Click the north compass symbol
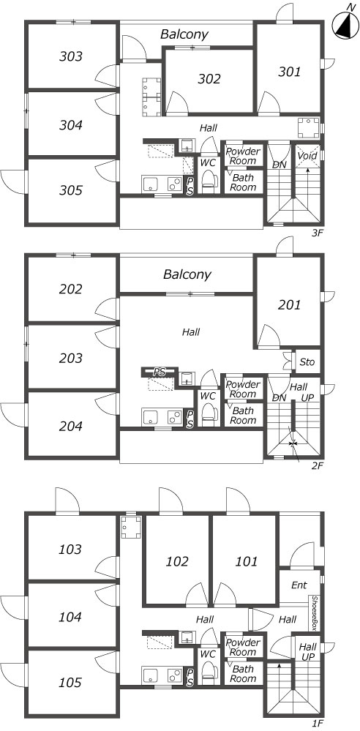click(x=345, y=25)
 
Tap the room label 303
click(x=71, y=57)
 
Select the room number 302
click(x=209, y=79)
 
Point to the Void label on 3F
click(x=308, y=155)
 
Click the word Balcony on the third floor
click(x=184, y=34)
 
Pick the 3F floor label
click(x=317, y=233)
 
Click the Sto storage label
click(x=307, y=362)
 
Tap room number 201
click(x=290, y=305)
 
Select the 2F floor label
click(x=317, y=465)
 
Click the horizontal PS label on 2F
click(x=160, y=372)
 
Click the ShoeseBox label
click(x=315, y=613)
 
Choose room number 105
click(x=70, y=683)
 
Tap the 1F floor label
click(x=317, y=724)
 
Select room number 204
click(x=71, y=427)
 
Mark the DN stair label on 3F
click(x=279, y=165)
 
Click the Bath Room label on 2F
click(x=243, y=416)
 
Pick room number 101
click(x=246, y=562)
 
